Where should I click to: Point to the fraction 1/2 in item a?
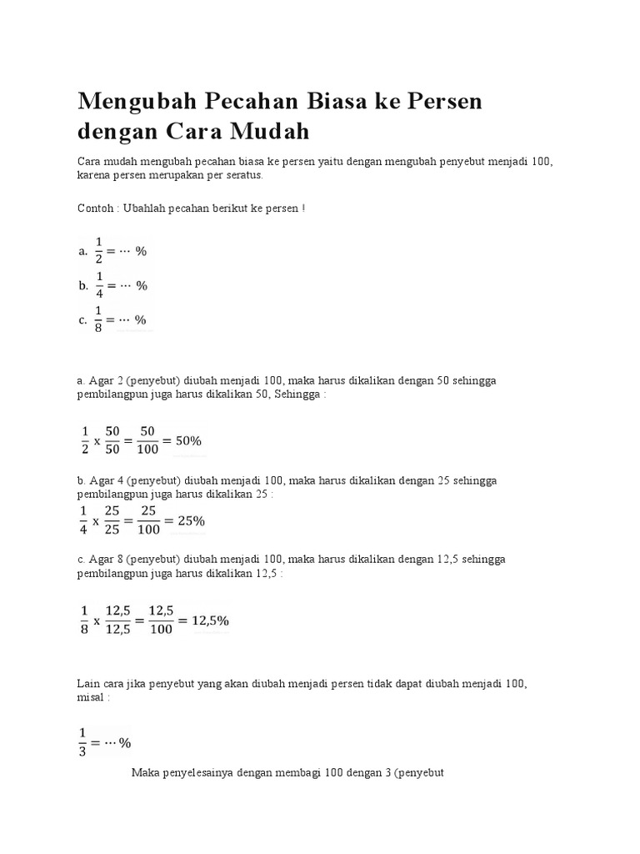point(98,250)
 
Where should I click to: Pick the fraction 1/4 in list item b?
point(99,285)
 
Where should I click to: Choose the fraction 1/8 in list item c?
point(99,319)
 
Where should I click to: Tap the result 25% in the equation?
point(187,521)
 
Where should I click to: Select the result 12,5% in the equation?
point(210,620)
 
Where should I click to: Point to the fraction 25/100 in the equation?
point(148,521)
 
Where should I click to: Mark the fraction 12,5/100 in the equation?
point(162,620)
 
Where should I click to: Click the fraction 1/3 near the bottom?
point(82,741)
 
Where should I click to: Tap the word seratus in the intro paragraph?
point(242,175)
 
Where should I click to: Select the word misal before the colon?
point(89,697)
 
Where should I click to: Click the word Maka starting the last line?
point(146,773)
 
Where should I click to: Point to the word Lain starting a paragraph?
point(87,683)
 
